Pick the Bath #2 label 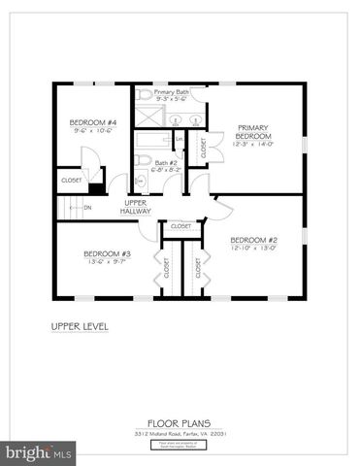[166, 163]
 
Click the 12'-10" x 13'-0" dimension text [254, 248]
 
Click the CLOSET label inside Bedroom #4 [72, 180]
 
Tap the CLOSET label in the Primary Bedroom [203, 148]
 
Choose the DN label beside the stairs [87, 207]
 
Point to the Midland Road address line [180, 433]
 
